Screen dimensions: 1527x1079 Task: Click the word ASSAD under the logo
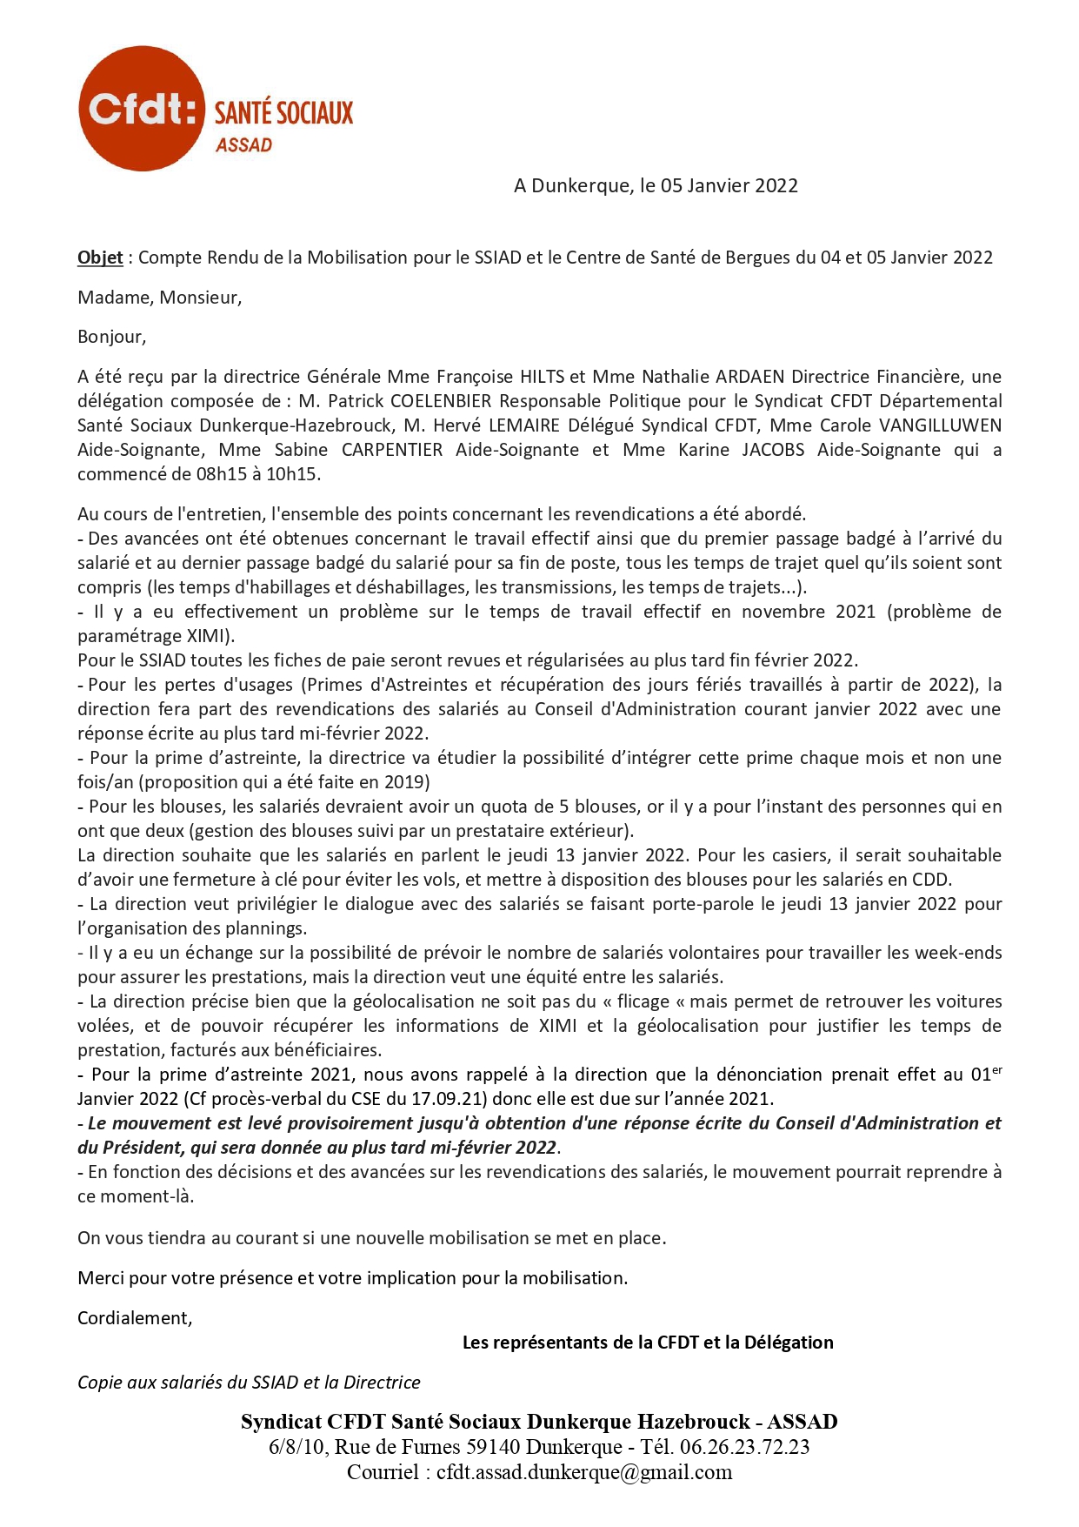point(243,145)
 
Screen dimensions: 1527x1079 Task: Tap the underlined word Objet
point(100,258)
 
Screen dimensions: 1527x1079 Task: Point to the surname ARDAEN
point(749,377)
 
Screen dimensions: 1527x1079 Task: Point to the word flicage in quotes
point(643,1001)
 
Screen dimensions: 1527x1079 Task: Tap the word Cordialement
point(134,1318)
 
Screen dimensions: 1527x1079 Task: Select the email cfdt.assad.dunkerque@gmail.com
point(584,1472)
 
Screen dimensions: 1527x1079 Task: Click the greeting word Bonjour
point(110,337)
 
